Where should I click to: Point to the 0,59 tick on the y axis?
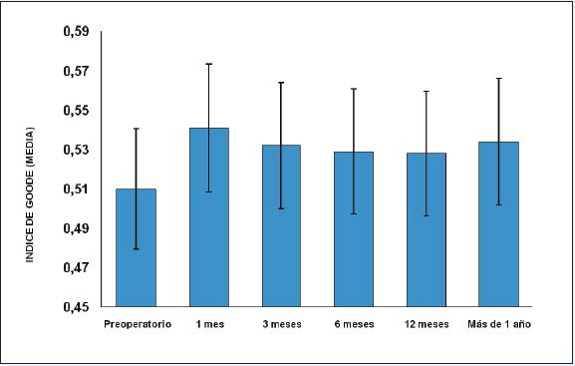pyautogui.click(x=77, y=32)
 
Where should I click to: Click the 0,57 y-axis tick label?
pyautogui.click(x=77, y=71)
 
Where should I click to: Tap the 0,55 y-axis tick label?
pyautogui.click(x=77, y=111)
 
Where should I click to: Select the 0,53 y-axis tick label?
pyautogui.click(x=77, y=150)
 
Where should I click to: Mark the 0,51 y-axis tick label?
pyautogui.click(x=77, y=189)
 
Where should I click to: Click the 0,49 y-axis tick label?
pyautogui.click(x=77, y=228)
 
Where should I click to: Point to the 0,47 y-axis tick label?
pyautogui.click(x=77, y=268)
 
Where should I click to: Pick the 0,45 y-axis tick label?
pyautogui.click(x=77, y=307)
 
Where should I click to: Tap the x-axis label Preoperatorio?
pyautogui.click(x=137, y=324)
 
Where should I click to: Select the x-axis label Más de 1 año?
pyautogui.click(x=499, y=324)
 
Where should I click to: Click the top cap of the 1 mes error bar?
pyautogui.click(x=208, y=64)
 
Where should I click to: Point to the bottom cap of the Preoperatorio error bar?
pyautogui.click(x=136, y=248)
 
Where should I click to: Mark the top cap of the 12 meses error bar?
pyautogui.click(x=427, y=91)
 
